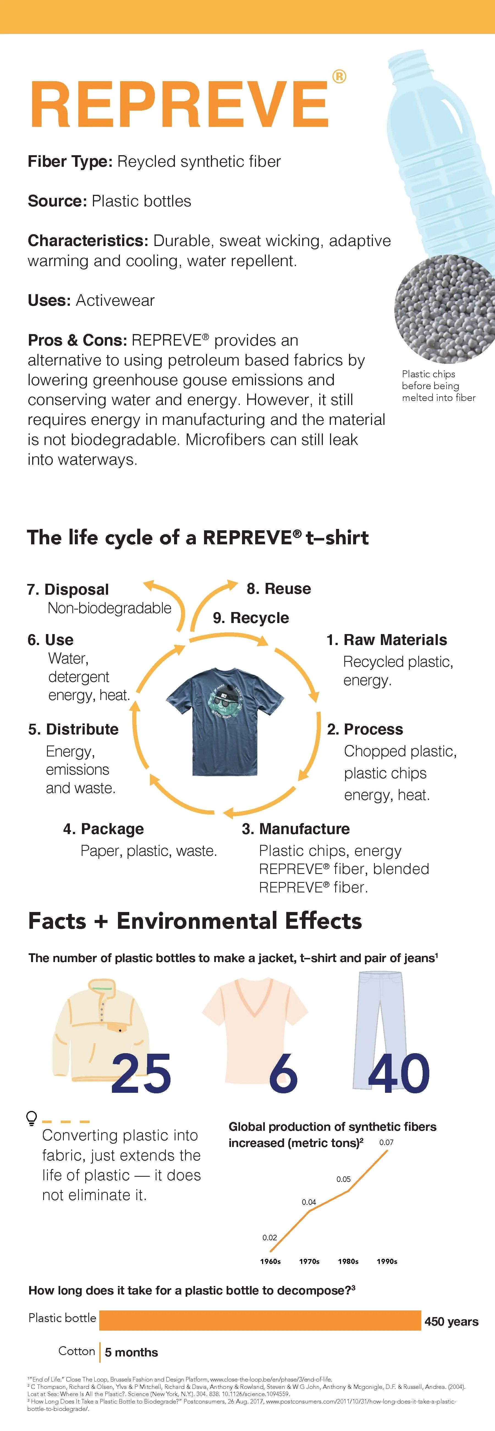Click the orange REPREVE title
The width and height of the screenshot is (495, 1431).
(x=179, y=105)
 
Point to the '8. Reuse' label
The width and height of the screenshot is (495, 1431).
(x=279, y=588)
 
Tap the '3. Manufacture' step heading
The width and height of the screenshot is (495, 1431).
(x=296, y=829)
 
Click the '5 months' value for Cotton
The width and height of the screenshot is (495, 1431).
(x=131, y=1352)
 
